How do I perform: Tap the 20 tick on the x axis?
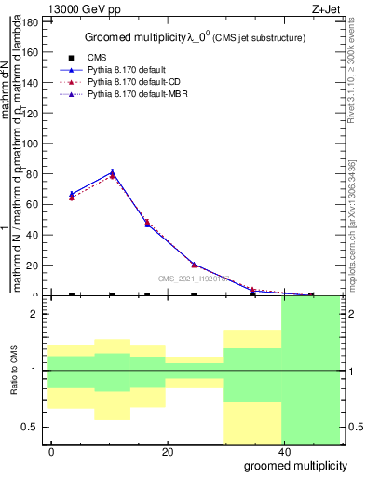click(x=167, y=452)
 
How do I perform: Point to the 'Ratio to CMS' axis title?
click(x=14, y=371)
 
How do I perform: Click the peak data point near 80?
click(x=113, y=172)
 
